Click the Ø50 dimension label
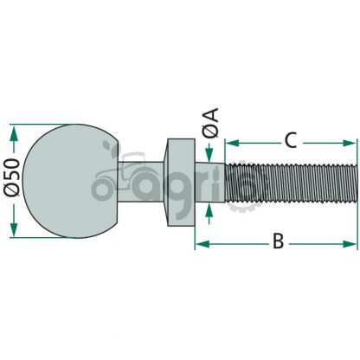[x=12, y=177]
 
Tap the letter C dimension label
[x=290, y=140]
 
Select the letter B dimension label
[x=278, y=241]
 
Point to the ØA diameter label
[x=210, y=123]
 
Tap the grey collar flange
[x=179, y=183]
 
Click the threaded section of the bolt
[x=291, y=183]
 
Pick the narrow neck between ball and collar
[x=141, y=182]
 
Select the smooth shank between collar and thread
[x=209, y=183]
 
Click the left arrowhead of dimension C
[x=232, y=143]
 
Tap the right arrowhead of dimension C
[x=350, y=143]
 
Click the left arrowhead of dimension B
[x=202, y=244]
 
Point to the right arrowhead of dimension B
[x=350, y=244]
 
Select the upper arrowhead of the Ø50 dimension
[x=13, y=133]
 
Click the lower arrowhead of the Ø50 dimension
[x=13, y=229]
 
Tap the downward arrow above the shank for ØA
[x=209, y=155]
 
